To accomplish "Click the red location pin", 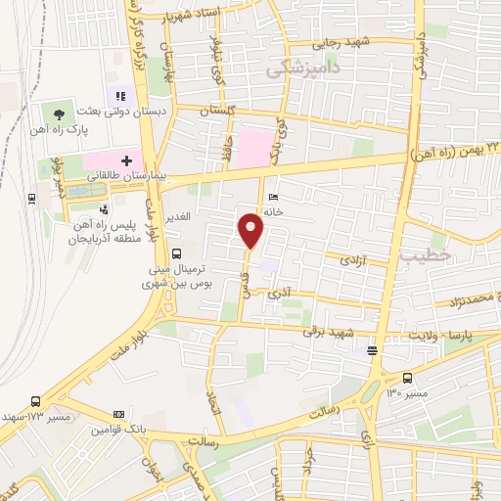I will point(251,231).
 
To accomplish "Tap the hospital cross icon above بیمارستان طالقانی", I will point(126,159).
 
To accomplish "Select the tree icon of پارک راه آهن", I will point(62,115).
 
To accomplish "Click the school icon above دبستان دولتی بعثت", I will point(121,96).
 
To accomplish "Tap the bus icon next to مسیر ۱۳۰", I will point(407,379).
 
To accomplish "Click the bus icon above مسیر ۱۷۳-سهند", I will point(36,401).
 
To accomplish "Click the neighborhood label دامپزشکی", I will point(301,67).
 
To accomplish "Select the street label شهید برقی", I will point(326,334).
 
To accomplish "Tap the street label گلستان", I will point(219,114).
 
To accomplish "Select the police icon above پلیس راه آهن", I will point(105,208).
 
